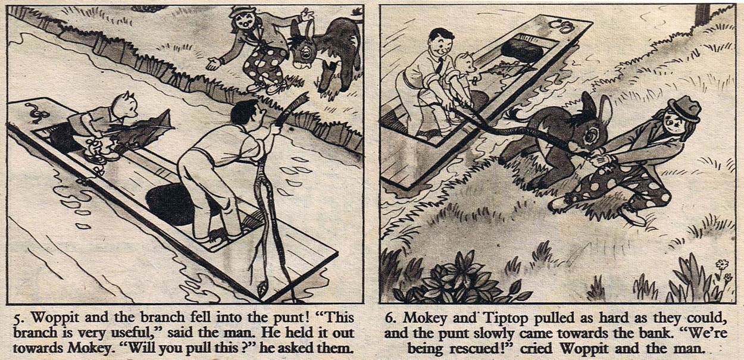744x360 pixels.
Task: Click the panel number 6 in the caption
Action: click(x=389, y=318)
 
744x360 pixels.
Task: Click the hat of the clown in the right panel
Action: click(x=685, y=109)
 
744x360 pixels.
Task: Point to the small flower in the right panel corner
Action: click(x=722, y=265)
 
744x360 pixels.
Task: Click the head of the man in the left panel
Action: click(x=248, y=113)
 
